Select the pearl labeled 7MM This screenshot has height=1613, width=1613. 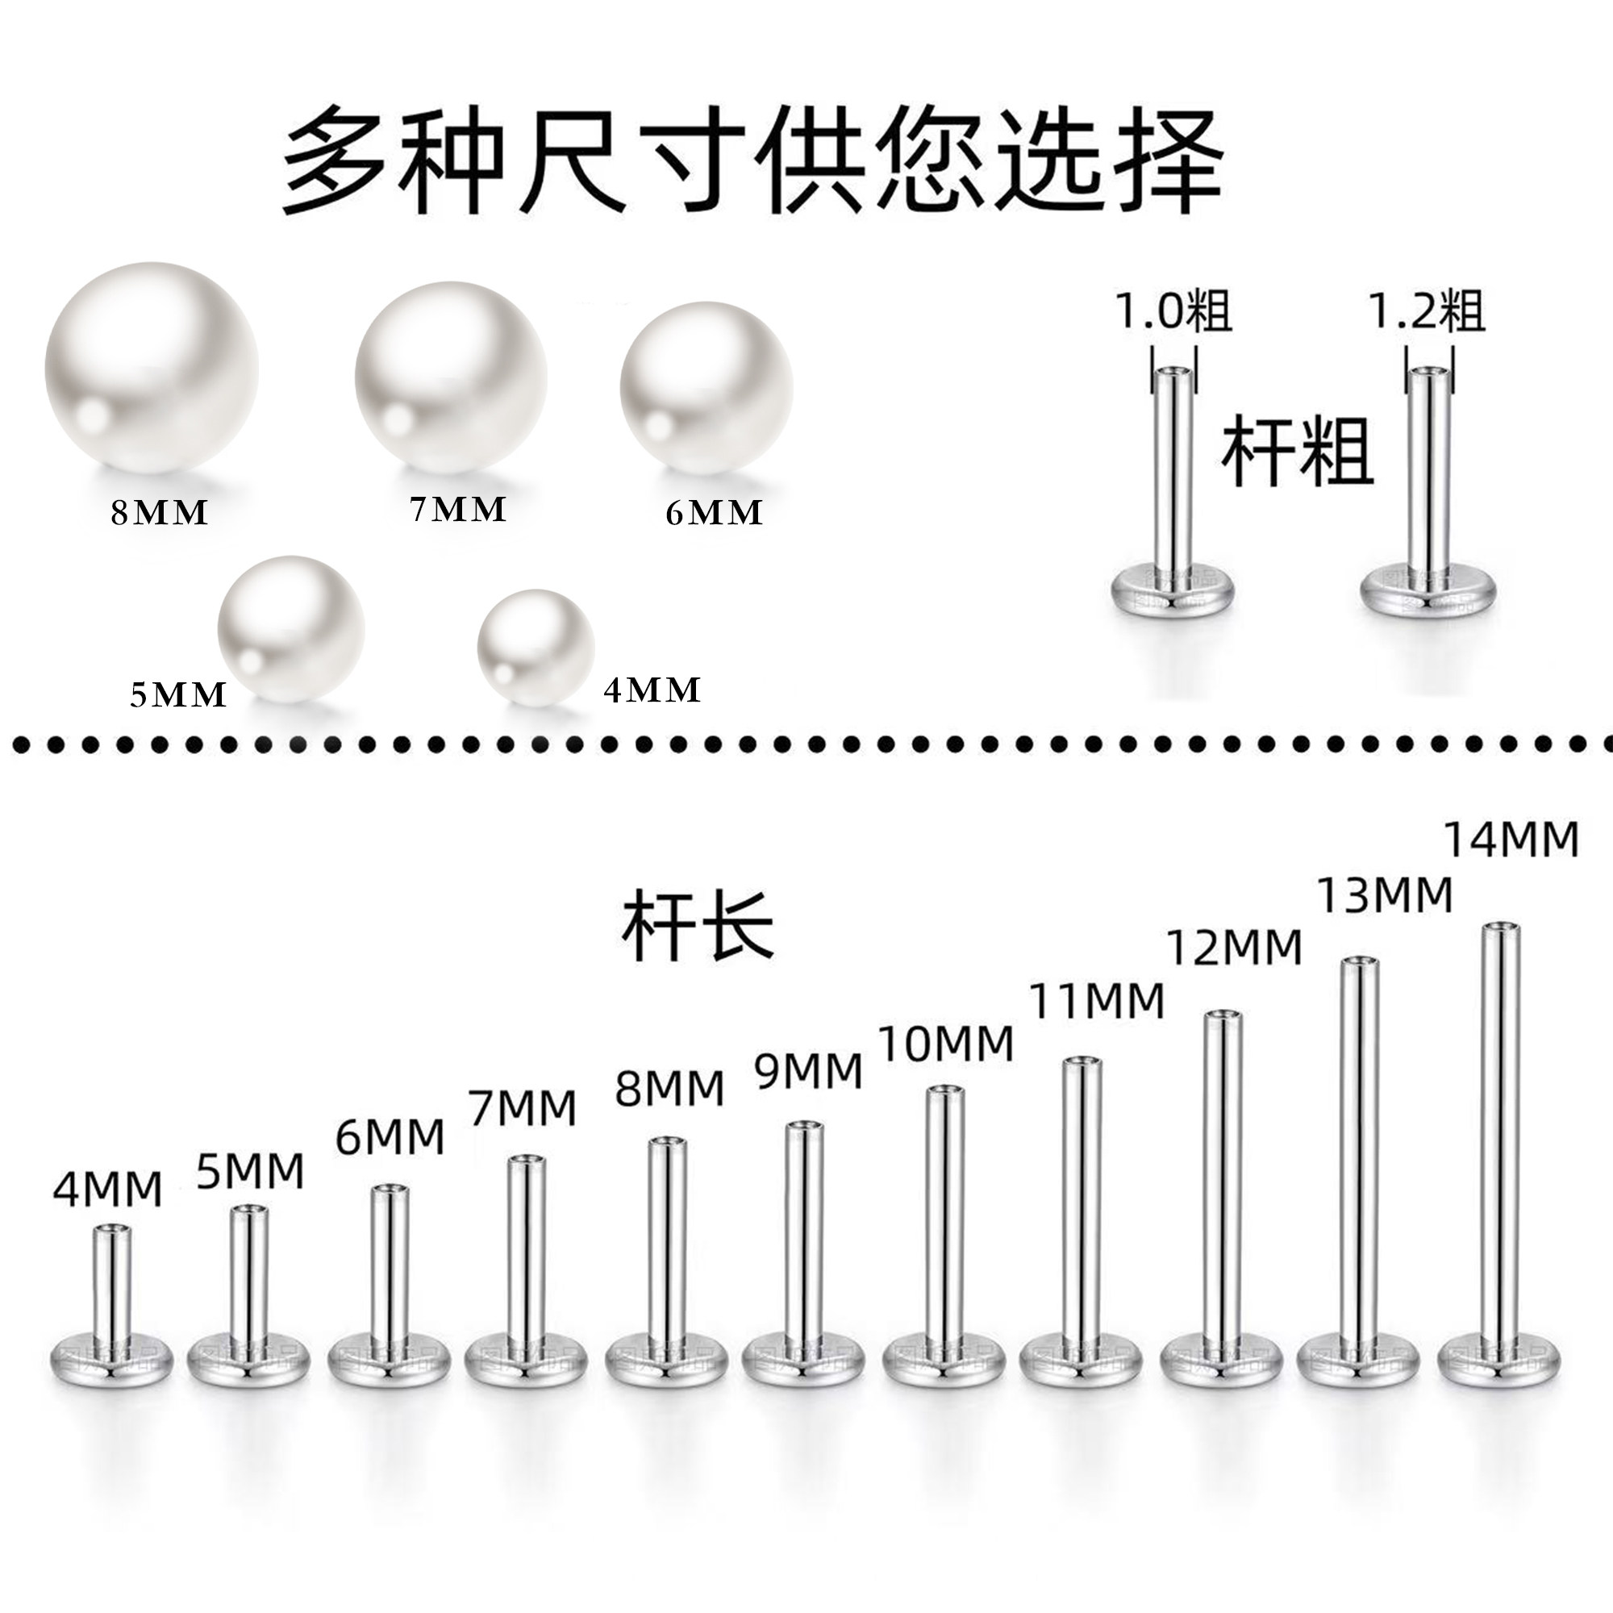click(451, 378)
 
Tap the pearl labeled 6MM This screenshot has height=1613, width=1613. click(706, 387)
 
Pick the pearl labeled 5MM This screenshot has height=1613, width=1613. click(290, 629)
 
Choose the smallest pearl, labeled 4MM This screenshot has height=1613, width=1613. click(536, 647)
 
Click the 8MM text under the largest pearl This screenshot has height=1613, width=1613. click(160, 513)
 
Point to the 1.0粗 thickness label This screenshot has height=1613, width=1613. click(1173, 311)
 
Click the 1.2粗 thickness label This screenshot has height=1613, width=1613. click(1426, 311)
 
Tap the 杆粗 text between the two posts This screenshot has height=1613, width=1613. click(1298, 452)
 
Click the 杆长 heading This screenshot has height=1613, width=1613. click(698, 926)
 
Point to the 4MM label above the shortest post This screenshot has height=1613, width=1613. click(107, 1190)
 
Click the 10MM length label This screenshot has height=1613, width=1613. click(947, 1044)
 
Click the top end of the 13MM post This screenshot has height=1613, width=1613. click(1360, 963)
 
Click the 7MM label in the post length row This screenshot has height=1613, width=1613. click(523, 1108)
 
